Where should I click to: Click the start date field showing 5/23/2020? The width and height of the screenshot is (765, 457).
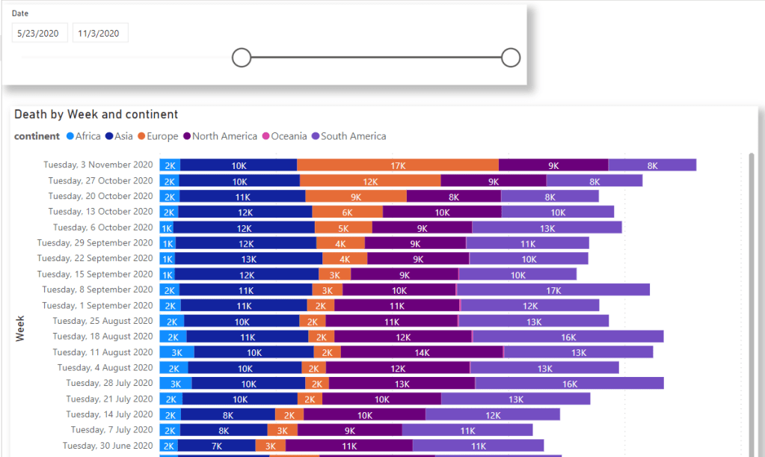point(40,33)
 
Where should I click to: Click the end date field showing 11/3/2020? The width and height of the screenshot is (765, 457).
point(99,33)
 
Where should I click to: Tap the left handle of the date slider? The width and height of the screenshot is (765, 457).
point(241,58)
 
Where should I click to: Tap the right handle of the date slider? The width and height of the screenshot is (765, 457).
point(511,58)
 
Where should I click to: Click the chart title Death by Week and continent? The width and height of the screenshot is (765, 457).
point(96,114)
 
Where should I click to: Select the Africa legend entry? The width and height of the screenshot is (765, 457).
point(83,136)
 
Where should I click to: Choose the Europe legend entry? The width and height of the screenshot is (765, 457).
point(157,136)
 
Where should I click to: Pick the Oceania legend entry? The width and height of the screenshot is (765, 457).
point(284,136)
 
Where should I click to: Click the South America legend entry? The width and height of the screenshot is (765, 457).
point(348,136)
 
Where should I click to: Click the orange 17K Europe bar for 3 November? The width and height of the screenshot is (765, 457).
point(398,165)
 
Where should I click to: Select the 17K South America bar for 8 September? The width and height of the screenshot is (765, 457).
point(553,289)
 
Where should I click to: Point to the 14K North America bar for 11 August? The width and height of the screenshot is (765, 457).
point(422,352)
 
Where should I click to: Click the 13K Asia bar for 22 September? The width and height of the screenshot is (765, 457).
point(249,259)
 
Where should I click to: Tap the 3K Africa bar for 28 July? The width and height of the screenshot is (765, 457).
point(176,383)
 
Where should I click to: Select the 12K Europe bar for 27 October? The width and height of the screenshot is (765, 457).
point(370,181)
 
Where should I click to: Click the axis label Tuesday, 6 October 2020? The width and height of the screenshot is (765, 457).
point(103,227)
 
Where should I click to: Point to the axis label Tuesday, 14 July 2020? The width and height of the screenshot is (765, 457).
point(109,414)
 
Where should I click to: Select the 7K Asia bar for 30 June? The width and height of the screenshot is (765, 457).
point(216,445)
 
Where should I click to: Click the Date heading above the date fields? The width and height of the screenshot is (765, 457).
point(19,13)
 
